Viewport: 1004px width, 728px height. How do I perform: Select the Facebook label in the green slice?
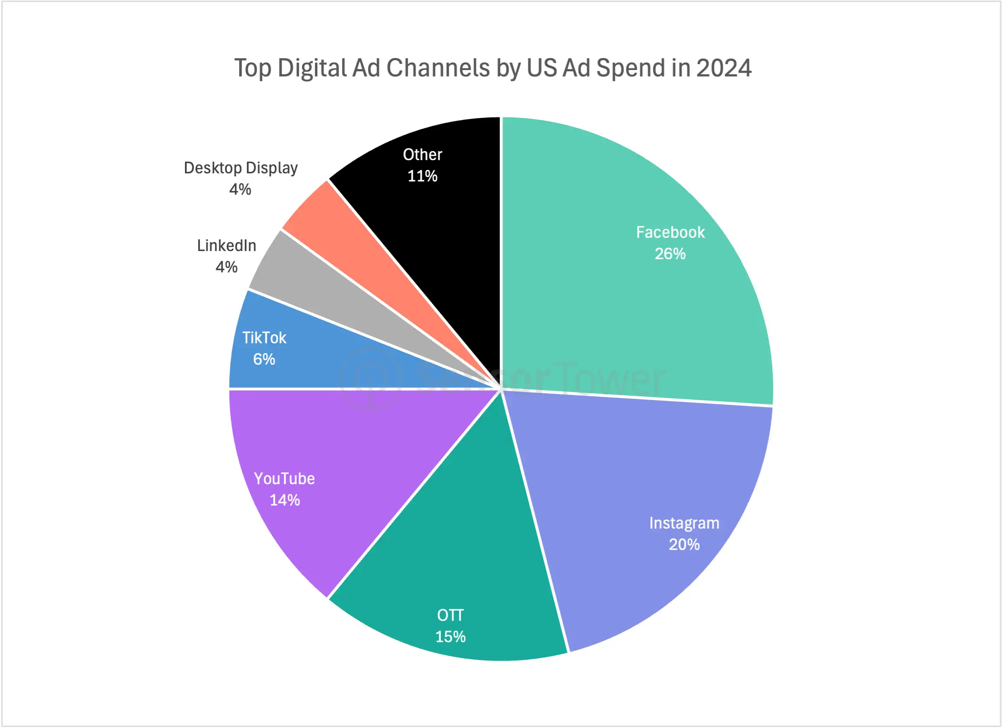(670, 232)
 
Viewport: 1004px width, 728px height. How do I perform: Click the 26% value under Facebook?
(670, 254)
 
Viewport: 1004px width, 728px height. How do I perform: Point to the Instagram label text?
(684, 523)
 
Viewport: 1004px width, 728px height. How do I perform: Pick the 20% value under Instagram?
(684, 545)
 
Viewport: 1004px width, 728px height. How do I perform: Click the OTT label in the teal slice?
(450, 615)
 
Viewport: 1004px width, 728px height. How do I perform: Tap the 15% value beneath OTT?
(450, 637)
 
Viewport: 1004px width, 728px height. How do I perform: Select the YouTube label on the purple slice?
(284, 479)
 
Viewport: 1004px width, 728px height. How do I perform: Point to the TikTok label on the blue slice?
(264, 338)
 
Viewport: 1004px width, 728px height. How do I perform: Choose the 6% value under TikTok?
(264, 360)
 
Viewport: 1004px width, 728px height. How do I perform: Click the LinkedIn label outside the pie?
(227, 246)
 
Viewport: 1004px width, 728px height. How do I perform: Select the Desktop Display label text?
(240, 168)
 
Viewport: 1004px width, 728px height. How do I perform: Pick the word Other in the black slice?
(422, 155)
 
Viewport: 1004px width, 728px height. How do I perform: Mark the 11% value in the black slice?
(422, 177)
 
